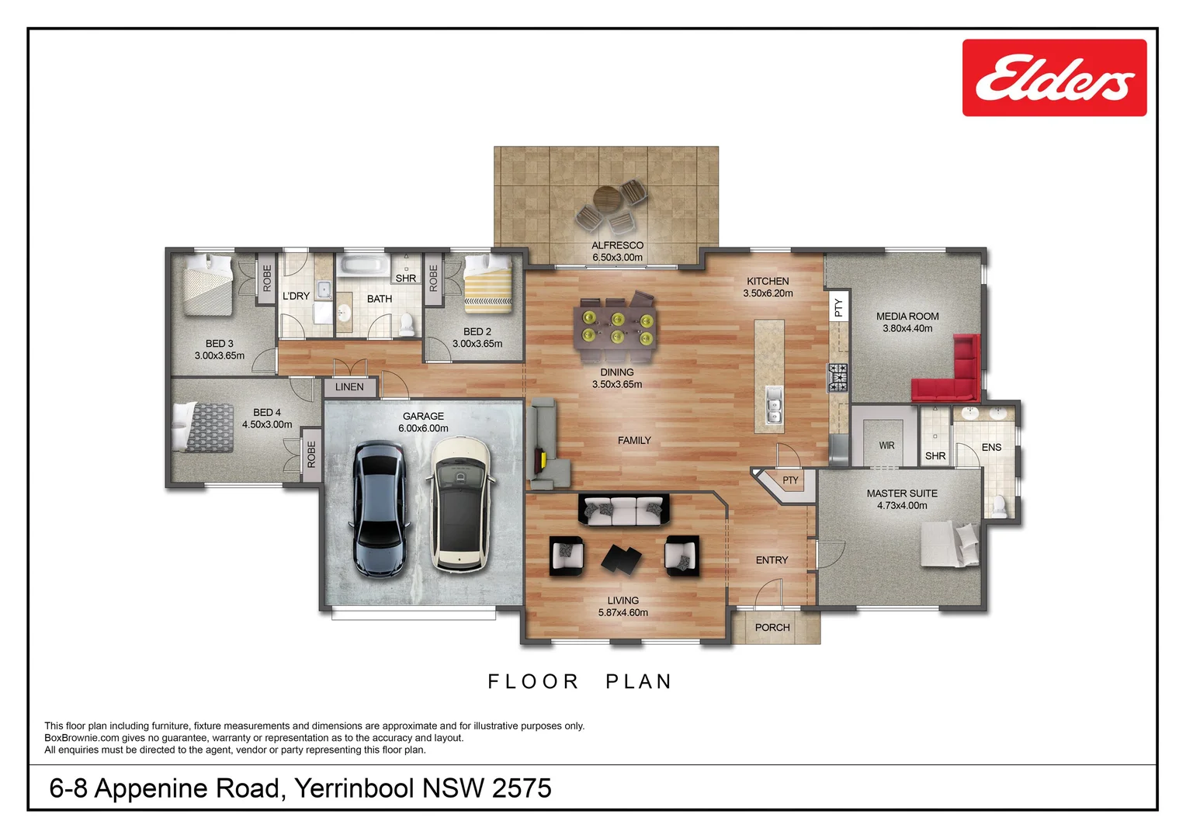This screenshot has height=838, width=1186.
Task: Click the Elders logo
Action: pyautogui.click(x=1054, y=78)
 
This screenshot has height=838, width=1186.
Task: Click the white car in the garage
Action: pyautogui.click(x=459, y=504)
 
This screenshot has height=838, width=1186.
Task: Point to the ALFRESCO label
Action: pyautogui.click(x=617, y=245)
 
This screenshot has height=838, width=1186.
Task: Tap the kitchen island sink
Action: pyautogui.click(x=773, y=405)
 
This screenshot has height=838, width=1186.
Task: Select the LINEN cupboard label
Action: pyautogui.click(x=349, y=387)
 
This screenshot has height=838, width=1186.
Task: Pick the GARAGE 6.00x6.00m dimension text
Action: pyautogui.click(x=423, y=428)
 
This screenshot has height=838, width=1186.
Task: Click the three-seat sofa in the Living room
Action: pyautogui.click(x=623, y=510)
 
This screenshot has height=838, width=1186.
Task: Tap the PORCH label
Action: pyautogui.click(x=772, y=628)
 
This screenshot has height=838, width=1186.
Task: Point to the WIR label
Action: pyautogui.click(x=886, y=445)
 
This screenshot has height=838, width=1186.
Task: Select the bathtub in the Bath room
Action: pyautogui.click(x=364, y=265)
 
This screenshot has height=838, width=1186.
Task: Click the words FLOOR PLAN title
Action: pyautogui.click(x=580, y=681)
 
